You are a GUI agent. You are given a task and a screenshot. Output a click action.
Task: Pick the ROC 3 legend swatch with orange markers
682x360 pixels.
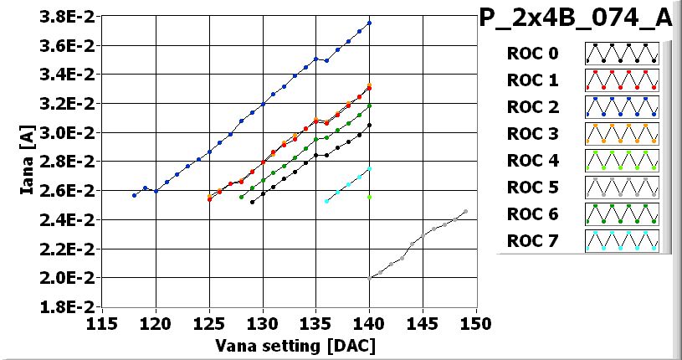point(622,134)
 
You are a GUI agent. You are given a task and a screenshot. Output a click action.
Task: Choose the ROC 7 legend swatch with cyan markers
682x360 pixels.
point(622,241)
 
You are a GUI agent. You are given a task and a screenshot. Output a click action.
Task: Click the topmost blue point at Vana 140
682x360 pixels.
point(369,23)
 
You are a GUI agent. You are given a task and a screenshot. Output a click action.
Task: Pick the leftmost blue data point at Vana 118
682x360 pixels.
point(134,195)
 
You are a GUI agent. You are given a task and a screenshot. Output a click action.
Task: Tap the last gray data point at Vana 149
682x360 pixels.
point(465,211)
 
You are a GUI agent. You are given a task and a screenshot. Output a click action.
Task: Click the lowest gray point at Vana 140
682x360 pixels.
point(369,277)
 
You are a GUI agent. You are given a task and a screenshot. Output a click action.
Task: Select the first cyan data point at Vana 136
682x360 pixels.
point(326,201)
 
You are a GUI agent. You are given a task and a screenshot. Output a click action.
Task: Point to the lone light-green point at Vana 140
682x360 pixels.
point(369,197)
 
